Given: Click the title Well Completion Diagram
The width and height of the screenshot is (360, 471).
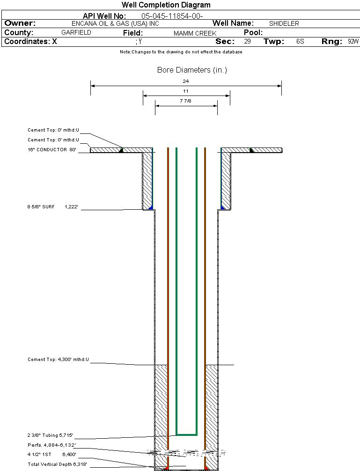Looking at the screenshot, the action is coord(166,5).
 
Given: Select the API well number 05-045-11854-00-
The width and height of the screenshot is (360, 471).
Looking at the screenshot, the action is coord(172,16).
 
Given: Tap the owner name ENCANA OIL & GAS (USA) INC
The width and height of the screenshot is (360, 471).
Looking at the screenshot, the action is coord(115,23).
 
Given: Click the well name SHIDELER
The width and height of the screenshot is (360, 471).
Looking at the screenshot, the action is coord(284,23).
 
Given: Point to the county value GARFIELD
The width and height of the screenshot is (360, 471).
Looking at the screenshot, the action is coord(76,32).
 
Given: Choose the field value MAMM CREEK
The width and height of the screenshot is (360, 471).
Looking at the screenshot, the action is coord(195,33).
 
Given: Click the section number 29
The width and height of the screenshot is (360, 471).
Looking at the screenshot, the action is coord(247,41).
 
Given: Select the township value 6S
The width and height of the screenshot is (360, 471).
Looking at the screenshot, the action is coord(300,41).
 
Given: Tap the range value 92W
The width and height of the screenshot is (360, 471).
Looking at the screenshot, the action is coord(353,41).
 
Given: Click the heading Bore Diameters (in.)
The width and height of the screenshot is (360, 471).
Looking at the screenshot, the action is coord(192,70).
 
